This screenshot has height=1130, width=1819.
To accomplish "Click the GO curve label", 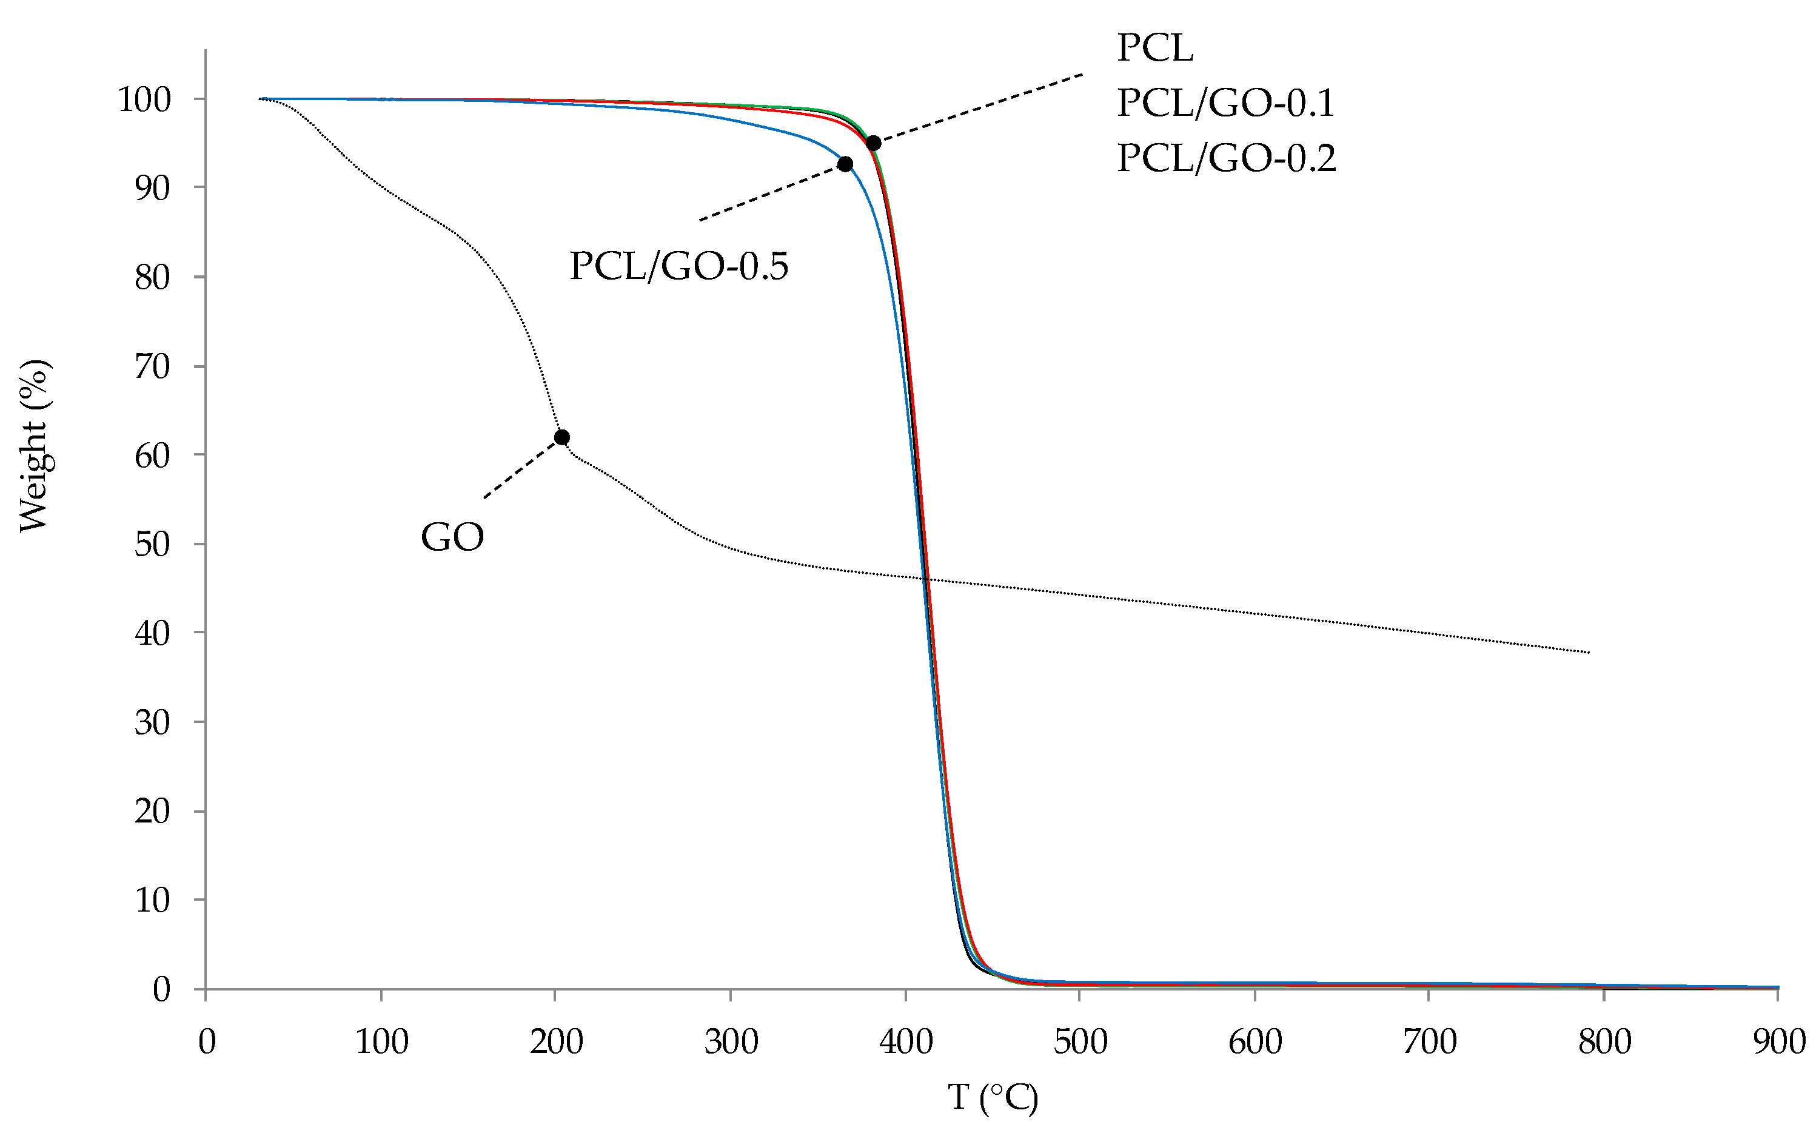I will click(x=452, y=537).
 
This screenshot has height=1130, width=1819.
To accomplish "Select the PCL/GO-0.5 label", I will click(x=678, y=266).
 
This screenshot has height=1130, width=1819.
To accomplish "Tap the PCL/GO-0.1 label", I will click(x=1225, y=103).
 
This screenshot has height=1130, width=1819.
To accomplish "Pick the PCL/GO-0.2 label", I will click(x=1226, y=158).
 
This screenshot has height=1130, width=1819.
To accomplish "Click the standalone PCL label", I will click(x=1155, y=49).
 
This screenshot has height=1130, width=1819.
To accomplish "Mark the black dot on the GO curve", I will click(x=561, y=437).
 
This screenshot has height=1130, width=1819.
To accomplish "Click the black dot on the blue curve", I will click(x=845, y=164).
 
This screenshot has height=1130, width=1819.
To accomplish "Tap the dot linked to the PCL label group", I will click(x=873, y=143).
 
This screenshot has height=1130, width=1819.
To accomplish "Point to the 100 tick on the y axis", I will click(x=144, y=99).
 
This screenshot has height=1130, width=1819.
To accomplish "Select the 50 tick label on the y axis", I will click(x=152, y=544).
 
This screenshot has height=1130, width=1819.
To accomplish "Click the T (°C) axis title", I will click(x=993, y=1098).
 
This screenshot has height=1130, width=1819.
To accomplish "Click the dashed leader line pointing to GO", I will click(x=521, y=469).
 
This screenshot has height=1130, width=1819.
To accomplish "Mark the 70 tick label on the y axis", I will click(x=152, y=366).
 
